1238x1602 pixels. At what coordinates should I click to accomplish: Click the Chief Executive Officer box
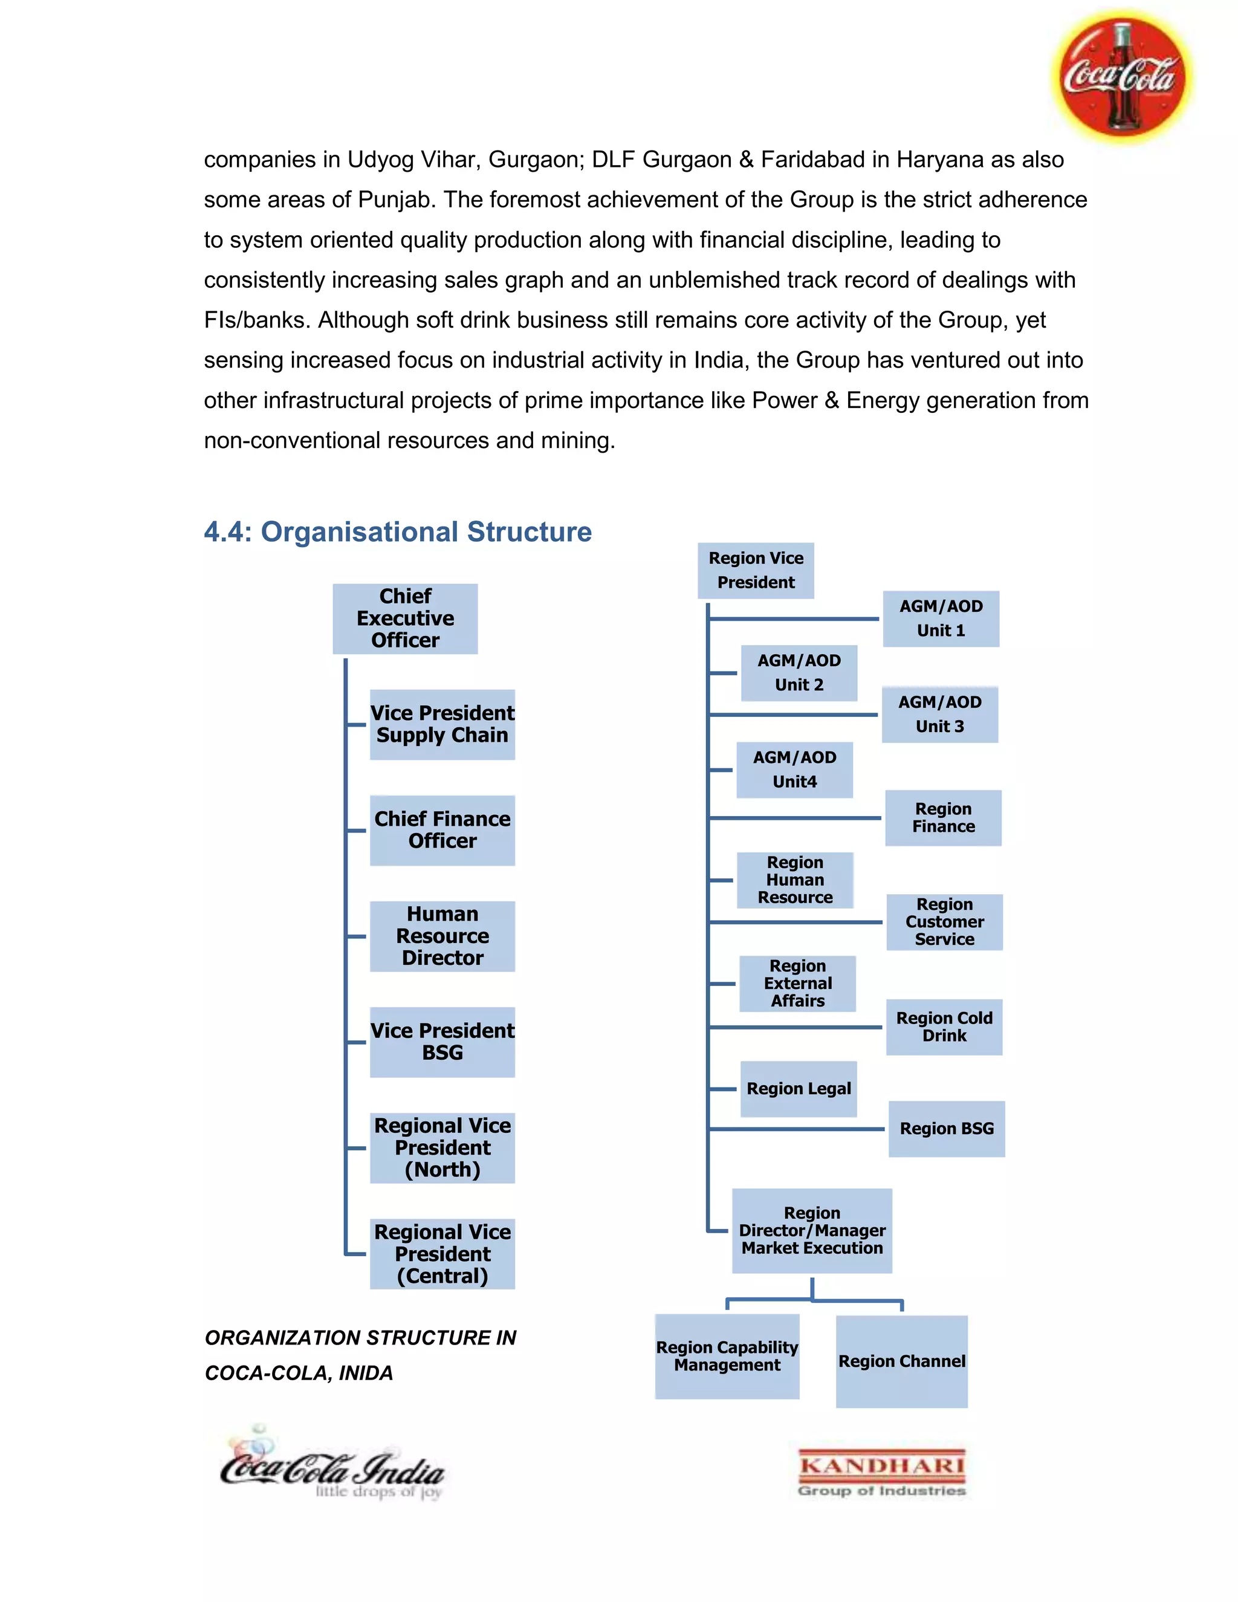tap(405, 618)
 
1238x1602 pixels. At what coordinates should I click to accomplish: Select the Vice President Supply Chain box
tap(442, 724)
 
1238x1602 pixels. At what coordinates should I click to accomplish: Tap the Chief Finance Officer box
tap(442, 829)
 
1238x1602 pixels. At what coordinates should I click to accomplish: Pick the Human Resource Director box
tap(442, 936)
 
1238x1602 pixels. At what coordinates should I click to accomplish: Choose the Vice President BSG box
tap(442, 1042)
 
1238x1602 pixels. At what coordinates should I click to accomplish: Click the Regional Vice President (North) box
tap(442, 1147)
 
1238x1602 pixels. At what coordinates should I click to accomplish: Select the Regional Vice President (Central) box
tap(442, 1254)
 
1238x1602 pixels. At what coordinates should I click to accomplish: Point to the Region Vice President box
tap(756, 570)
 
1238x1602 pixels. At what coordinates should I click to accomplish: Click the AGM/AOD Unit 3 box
tap(939, 714)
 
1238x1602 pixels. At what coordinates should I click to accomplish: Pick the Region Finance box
tap(943, 817)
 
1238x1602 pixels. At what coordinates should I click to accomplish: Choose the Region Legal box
tap(799, 1089)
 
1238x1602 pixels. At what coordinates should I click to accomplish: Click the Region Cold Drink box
tap(944, 1027)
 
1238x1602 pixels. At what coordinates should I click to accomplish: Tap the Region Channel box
tap(901, 1361)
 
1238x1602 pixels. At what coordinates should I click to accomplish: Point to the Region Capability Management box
tap(727, 1357)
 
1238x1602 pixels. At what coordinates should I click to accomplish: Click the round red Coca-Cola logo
tap(1121, 76)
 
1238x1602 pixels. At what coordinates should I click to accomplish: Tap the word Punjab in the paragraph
tap(394, 199)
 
